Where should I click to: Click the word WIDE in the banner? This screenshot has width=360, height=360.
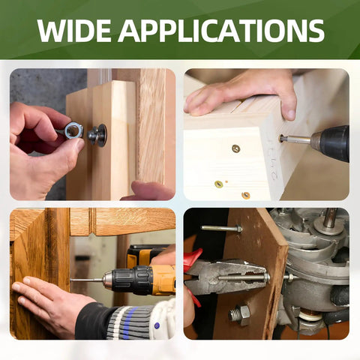[74, 31]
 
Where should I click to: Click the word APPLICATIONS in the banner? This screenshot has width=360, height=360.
[221, 31]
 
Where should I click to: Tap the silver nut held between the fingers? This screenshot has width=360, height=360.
[73, 130]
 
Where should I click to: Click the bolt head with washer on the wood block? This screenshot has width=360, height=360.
[97, 135]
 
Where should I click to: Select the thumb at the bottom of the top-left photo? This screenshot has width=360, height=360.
[148, 191]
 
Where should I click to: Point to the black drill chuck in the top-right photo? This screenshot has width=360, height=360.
[332, 143]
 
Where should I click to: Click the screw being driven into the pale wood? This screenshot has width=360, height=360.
[295, 139]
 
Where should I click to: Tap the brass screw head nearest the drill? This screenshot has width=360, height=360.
[236, 148]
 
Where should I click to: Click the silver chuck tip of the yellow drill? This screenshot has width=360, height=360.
[107, 280]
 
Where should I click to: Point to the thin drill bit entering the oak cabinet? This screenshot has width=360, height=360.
[86, 280]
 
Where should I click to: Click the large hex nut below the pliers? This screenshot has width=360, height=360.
[240, 314]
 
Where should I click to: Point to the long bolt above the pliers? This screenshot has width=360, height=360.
[221, 228]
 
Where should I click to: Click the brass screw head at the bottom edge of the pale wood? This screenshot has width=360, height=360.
[245, 195]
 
